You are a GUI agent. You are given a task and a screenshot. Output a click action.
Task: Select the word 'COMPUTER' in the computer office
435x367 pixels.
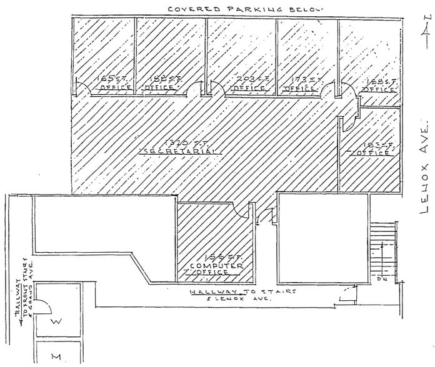216,263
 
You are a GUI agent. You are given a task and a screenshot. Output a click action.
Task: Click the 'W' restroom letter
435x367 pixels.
54,323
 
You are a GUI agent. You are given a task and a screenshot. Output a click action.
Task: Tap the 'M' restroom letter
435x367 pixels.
54,356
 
